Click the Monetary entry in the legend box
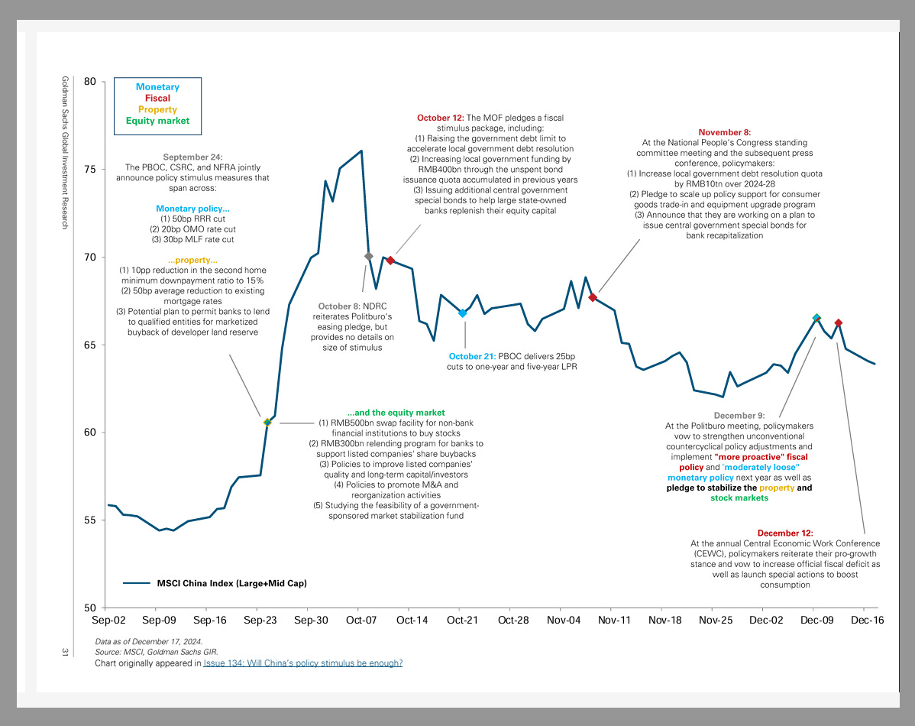157,87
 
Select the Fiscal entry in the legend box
157,99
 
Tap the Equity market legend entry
157,121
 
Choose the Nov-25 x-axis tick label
715,621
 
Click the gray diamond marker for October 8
369,256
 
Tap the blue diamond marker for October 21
462,313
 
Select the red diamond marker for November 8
593,297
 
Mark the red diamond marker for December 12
839,323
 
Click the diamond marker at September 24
267,422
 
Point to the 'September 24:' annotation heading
192,157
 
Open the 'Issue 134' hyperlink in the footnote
302,663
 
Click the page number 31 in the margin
66,651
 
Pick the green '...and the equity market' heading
396,413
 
